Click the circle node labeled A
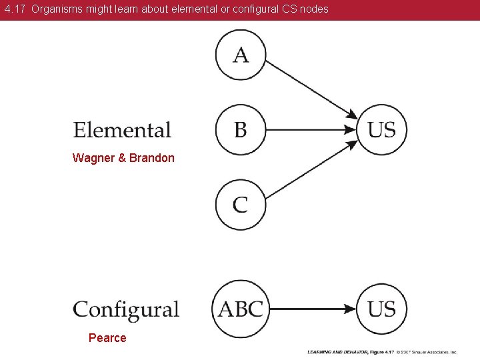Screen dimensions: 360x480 point(241,55)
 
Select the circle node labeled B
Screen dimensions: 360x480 point(241,129)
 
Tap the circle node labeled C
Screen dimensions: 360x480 point(241,204)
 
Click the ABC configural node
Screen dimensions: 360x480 point(241,309)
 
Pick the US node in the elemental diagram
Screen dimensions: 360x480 point(381,129)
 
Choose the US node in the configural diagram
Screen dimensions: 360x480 point(381,309)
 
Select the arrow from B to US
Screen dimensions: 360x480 point(310,129)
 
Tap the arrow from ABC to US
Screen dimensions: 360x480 point(313,309)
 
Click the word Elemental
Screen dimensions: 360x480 point(122,130)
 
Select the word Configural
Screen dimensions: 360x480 point(126,310)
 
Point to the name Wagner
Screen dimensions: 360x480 point(94,158)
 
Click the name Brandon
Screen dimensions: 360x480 point(152,158)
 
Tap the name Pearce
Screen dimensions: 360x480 point(107,338)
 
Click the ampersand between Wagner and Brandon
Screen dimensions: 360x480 point(123,158)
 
